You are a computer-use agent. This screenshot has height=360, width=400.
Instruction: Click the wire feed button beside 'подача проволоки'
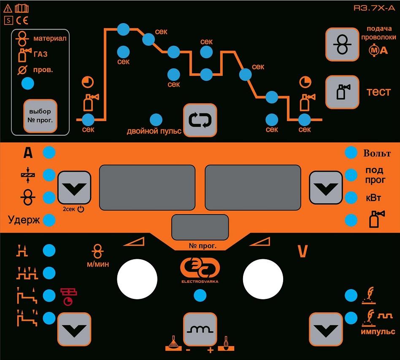[342, 44]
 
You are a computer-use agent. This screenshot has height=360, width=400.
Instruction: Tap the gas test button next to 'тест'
[342, 92]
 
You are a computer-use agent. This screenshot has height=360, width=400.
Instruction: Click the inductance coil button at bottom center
[200, 329]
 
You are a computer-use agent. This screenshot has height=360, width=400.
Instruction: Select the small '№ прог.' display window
[200, 227]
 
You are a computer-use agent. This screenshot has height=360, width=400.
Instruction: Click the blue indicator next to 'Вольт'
[351, 152]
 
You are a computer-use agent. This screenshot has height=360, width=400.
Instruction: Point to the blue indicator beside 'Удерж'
[49, 220]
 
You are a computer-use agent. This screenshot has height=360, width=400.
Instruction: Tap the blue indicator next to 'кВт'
[351, 198]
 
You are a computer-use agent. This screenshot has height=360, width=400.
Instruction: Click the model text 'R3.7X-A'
[374, 8]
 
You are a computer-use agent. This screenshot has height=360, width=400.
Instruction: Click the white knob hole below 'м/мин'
[137, 279]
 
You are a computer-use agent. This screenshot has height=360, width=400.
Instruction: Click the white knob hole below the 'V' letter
[263, 279]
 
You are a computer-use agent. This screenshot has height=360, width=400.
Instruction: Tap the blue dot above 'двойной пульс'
[156, 120]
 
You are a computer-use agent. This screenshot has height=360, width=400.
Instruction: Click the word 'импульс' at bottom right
[378, 331]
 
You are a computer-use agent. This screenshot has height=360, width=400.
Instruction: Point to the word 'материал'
[50, 38]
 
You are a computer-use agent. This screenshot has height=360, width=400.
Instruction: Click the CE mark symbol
[22, 20]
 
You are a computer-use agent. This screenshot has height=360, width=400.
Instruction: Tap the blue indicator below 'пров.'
[28, 83]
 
